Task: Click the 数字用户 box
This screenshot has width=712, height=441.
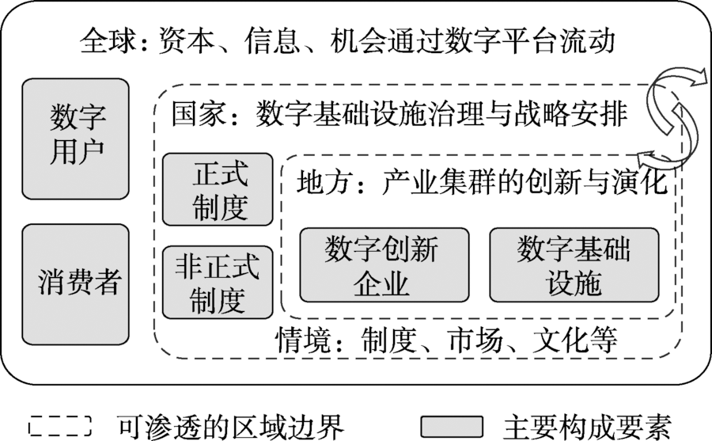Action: [75, 139]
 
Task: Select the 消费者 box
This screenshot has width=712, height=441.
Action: [75, 284]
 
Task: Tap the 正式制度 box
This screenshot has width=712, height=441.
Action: [218, 189]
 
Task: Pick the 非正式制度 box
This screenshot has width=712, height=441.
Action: [218, 283]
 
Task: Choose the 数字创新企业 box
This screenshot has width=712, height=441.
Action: [384, 265]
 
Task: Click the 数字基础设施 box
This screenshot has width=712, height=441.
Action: [574, 265]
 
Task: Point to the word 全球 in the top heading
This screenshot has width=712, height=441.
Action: [108, 41]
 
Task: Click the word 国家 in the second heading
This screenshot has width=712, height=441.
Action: [199, 113]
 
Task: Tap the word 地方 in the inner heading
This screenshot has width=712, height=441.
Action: [324, 182]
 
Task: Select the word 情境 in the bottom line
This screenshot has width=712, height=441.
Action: [302, 340]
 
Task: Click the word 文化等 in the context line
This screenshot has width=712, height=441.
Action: [575, 340]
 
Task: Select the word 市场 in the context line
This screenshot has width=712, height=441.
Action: [475, 340]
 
